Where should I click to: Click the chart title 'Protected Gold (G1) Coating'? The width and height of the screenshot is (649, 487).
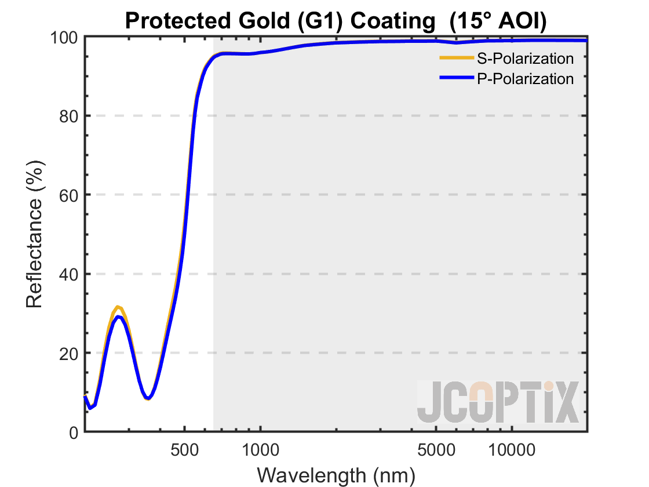tap(278, 21)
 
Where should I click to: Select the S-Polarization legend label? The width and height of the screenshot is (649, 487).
tap(525, 59)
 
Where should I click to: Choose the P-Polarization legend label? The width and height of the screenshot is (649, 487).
tap(525, 78)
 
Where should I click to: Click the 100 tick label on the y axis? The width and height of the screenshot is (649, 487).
tap(65, 37)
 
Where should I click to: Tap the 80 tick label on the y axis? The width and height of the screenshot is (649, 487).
tap(70, 116)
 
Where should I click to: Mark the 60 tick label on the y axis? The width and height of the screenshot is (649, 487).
tap(70, 195)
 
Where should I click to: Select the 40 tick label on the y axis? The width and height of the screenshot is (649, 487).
tap(70, 274)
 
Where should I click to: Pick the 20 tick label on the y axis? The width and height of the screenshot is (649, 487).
tap(70, 353)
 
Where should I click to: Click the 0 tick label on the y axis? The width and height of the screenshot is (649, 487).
tap(74, 432)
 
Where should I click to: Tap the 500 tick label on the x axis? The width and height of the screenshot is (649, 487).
tap(184, 449)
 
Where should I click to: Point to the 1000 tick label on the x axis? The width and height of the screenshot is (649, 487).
tap(260, 449)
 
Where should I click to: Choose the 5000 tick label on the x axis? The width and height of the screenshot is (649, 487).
tap(436, 449)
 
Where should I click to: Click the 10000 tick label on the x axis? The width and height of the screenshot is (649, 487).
tap(512, 449)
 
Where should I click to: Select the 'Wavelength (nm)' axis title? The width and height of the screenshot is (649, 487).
tap(336, 474)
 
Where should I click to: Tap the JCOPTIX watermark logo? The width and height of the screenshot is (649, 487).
tap(498, 402)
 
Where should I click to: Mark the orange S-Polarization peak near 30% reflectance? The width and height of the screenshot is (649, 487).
tap(118, 307)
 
